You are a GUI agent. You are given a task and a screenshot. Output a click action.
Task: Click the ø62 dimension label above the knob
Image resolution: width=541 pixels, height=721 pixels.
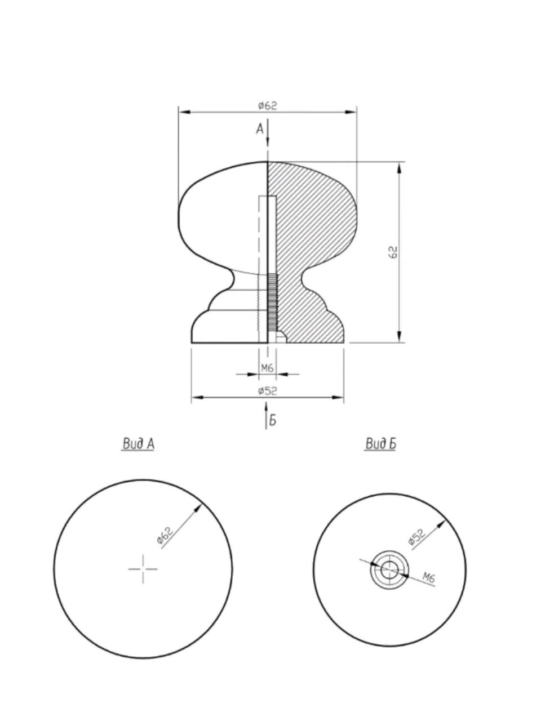pos(267,105)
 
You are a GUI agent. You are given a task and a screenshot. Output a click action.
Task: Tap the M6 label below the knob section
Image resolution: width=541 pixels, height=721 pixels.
pos(267,368)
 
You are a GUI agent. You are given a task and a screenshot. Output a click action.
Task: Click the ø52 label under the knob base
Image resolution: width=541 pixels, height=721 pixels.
pos(267,390)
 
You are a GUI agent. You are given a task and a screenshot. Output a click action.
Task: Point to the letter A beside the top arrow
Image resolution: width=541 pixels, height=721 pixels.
pos(260,129)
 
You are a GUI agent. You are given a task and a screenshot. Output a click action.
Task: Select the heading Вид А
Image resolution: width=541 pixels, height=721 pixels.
pos(138,444)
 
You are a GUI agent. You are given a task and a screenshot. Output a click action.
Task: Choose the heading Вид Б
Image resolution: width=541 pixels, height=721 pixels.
pos(380,444)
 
